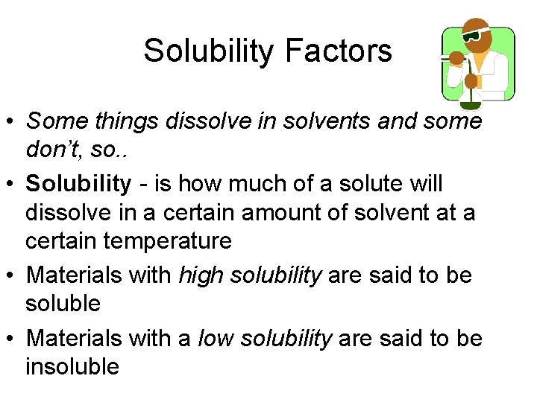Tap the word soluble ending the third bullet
tap(63, 303)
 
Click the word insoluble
tap(72, 366)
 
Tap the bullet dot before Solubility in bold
tap(11, 184)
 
